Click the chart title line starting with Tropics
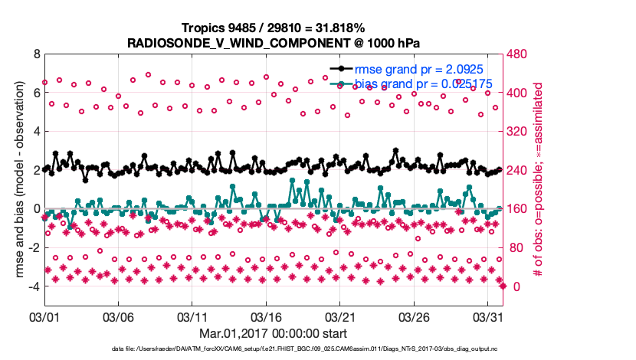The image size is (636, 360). [x=272, y=28]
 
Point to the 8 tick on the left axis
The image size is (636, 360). [x=35, y=54]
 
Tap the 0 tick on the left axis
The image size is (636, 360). [x=35, y=208]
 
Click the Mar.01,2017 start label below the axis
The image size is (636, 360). [x=272, y=334]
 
